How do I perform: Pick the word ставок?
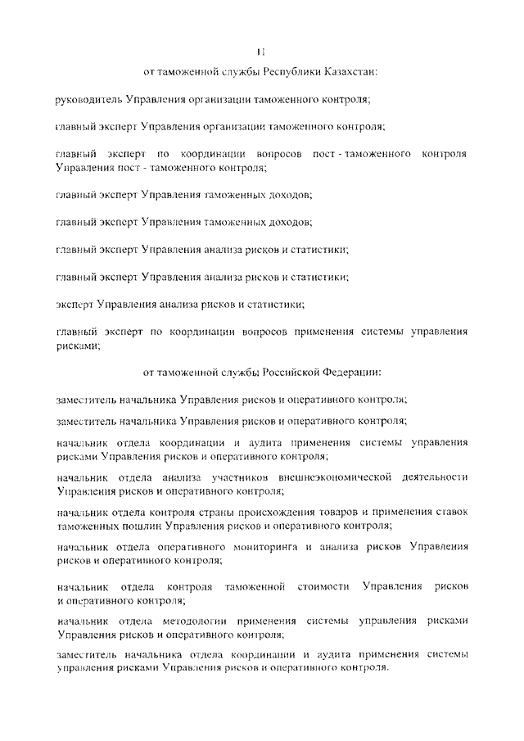point(449,512)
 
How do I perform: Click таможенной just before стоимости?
point(254,587)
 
